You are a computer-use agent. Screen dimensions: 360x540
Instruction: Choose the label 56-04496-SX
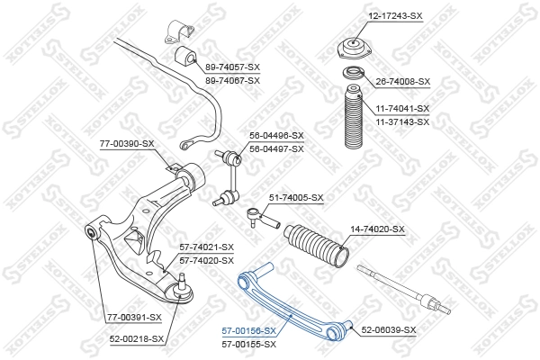click(275, 136)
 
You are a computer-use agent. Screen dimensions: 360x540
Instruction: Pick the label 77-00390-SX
click(128, 143)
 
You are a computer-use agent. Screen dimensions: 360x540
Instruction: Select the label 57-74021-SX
click(206, 247)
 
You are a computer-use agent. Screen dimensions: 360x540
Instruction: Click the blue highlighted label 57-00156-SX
click(249, 331)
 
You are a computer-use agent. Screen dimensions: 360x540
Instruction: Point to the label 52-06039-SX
click(389, 330)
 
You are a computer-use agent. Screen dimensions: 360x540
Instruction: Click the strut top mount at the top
click(351, 49)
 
